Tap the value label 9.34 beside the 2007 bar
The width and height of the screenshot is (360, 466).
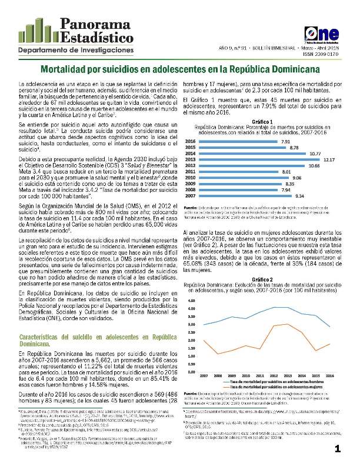coord(299,195)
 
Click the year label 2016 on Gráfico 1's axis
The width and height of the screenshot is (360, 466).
coord(191,142)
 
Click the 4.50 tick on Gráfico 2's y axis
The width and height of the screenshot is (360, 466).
coord(191,300)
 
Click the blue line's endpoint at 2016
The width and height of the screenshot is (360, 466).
coord(330,327)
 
